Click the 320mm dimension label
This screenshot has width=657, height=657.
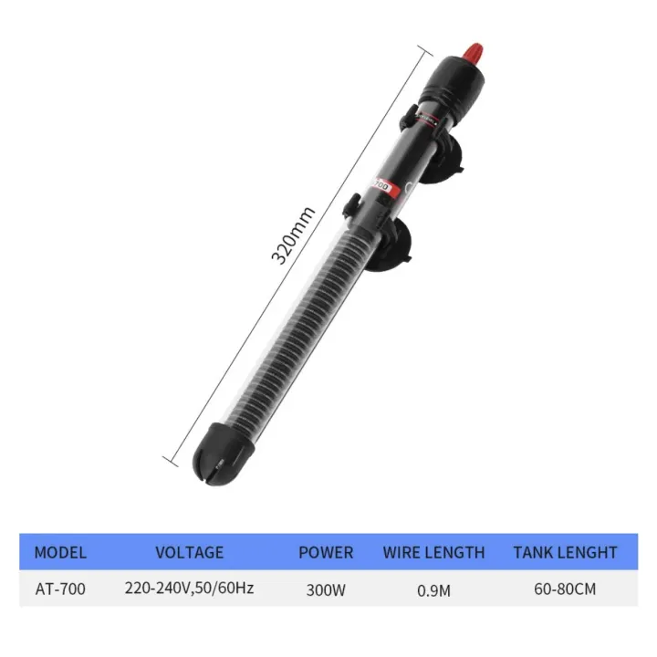pyautogui.click(x=294, y=235)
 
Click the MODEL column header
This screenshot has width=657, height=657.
pyautogui.click(x=60, y=552)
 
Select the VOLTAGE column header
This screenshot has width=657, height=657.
pyautogui.click(x=189, y=552)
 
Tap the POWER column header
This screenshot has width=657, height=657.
pyautogui.click(x=326, y=552)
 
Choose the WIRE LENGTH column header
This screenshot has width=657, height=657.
pyautogui.click(x=433, y=552)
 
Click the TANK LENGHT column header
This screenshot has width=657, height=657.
pyautogui.click(x=565, y=552)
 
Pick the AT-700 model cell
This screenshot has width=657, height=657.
pyautogui.click(x=60, y=589)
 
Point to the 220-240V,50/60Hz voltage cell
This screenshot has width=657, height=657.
pyautogui.click(x=189, y=589)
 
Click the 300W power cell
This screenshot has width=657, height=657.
pyautogui.click(x=326, y=589)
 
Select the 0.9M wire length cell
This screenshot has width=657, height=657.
pyautogui.click(x=433, y=589)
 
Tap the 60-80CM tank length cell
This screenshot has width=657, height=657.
pyautogui.click(x=565, y=589)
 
